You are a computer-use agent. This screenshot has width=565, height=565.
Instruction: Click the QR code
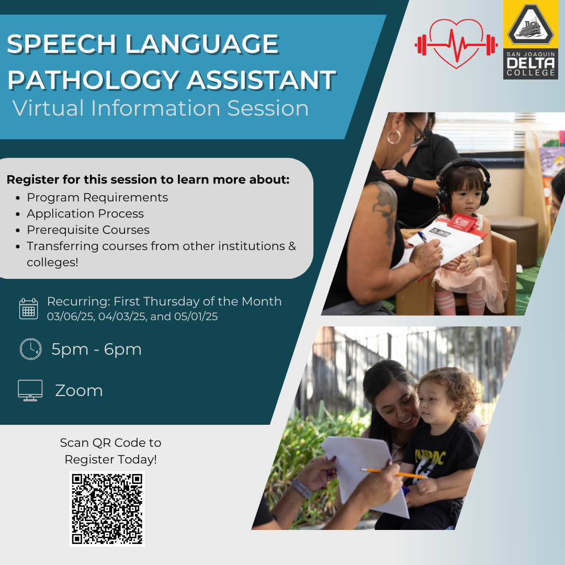pyautogui.click(x=107, y=508)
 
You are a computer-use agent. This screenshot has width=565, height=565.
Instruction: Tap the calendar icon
pyautogui.click(x=28, y=309)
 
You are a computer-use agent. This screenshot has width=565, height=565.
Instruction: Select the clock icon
pyautogui.click(x=31, y=349)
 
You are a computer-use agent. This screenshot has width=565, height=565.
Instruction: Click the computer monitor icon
pyautogui.click(x=30, y=390)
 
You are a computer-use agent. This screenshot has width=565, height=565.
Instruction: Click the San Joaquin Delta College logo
pyautogui.click(x=530, y=40)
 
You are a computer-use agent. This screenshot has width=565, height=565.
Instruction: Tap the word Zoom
pyautogui.click(x=79, y=391)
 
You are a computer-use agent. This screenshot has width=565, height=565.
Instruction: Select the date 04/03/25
pyautogui.click(x=122, y=317)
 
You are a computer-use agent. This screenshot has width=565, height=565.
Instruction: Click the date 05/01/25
pyautogui.click(x=196, y=317)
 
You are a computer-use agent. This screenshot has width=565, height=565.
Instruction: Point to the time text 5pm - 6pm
pyautogui.click(x=97, y=349)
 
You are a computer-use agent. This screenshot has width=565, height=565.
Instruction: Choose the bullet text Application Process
pyautogui.click(x=85, y=213)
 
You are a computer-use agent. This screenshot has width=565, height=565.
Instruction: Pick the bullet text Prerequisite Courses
pyautogui.click(x=88, y=230)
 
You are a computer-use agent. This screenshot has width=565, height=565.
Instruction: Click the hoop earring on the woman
pyautogui.click(x=394, y=137)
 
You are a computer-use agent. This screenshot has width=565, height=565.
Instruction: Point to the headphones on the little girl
pyautogui.click(x=463, y=180)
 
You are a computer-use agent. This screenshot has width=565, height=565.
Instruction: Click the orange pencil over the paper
pyautogui.click(x=392, y=473)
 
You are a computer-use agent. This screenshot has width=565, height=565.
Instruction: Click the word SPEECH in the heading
pyautogui.click(x=62, y=44)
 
